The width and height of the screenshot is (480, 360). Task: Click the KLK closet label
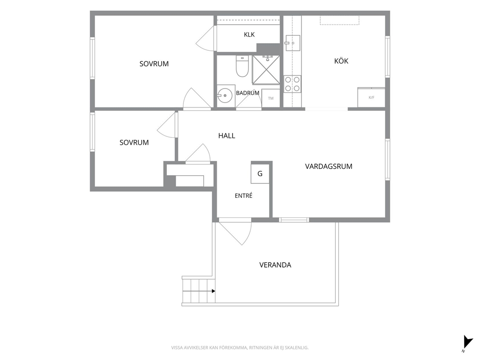pyautogui.click(x=249, y=34)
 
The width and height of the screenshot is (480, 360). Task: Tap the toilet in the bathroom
pyautogui.click(x=242, y=66)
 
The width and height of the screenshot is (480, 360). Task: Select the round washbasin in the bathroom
pyautogui.click(x=225, y=95)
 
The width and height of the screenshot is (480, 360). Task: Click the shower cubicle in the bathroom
pyautogui.click(x=266, y=70)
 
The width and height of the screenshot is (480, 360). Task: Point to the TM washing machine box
pyautogui.click(x=270, y=98)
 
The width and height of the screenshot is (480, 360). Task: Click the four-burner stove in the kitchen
pyautogui.click(x=292, y=84)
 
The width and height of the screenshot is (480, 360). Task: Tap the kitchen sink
pyautogui.click(x=292, y=43)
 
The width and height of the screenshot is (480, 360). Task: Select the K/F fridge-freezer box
pyautogui.click(x=371, y=97)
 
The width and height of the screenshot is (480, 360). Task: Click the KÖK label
pyautogui.click(x=341, y=61)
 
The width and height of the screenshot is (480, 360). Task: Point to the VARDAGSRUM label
pyautogui.click(x=329, y=166)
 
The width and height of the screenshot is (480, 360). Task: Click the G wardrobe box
pyautogui.click(x=260, y=174)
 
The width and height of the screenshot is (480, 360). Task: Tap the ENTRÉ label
pyautogui.click(x=244, y=195)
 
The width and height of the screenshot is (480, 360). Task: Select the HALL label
pyautogui.click(x=226, y=135)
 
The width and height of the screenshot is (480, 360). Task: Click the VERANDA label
pyautogui.click(x=275, y=265)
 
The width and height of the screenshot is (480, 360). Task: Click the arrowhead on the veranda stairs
pyautogui.click(x=213, y=291)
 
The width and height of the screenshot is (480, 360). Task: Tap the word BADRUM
pyautogui.click(x=247, y=93)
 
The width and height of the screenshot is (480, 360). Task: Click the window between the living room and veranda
pyautogui.click(x=294, y=220)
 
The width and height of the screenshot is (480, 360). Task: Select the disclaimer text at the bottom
pyautogui.click(x=240, y=347)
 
